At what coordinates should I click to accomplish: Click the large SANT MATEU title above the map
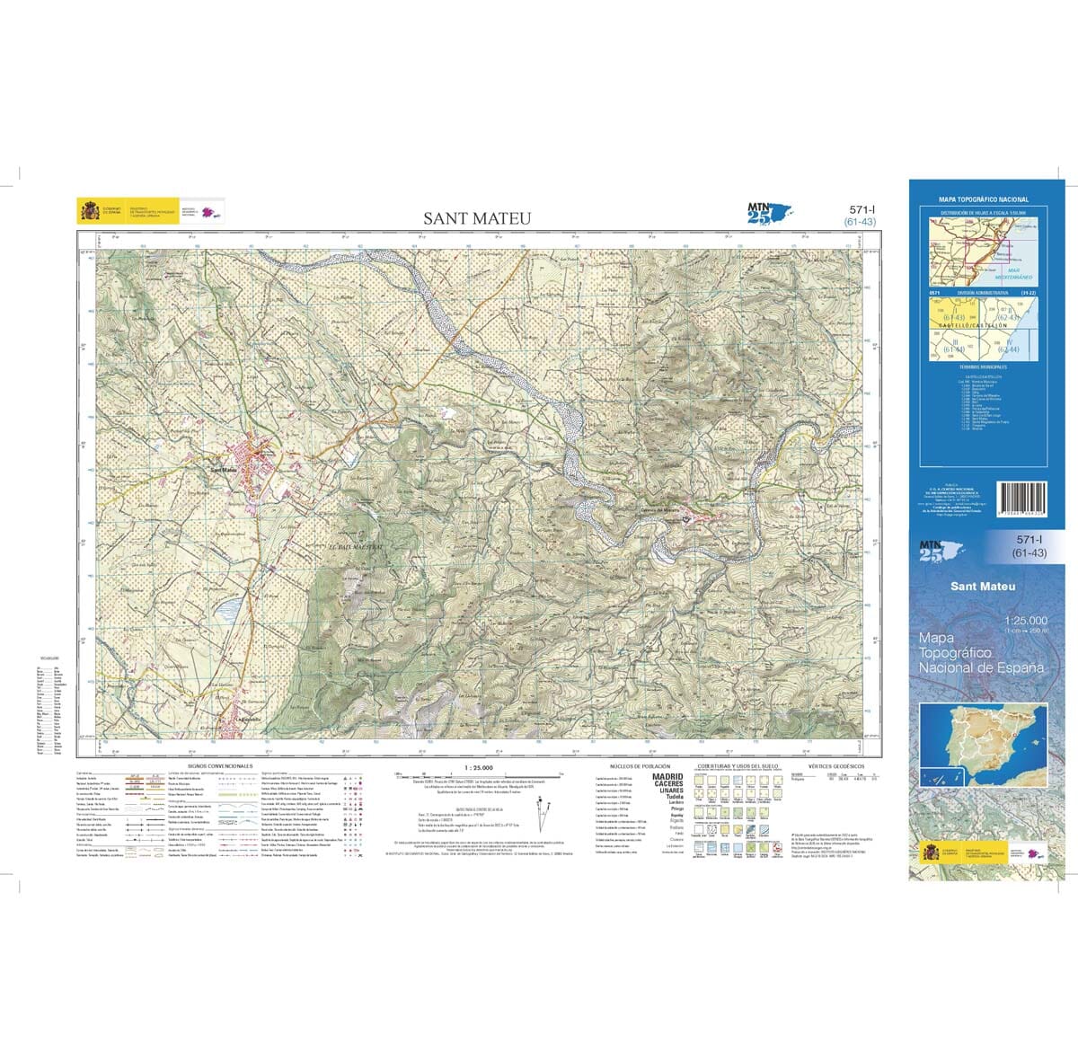click(478, 218)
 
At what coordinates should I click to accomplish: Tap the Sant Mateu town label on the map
click(225, 468)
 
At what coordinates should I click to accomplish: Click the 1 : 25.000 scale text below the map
click(478, 767)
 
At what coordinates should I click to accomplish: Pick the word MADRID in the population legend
click(667, 776)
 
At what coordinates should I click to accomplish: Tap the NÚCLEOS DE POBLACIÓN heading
click(640, 766)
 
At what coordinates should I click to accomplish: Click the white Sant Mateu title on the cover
click(984, 587)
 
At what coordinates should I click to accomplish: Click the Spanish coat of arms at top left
click(89, 212)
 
